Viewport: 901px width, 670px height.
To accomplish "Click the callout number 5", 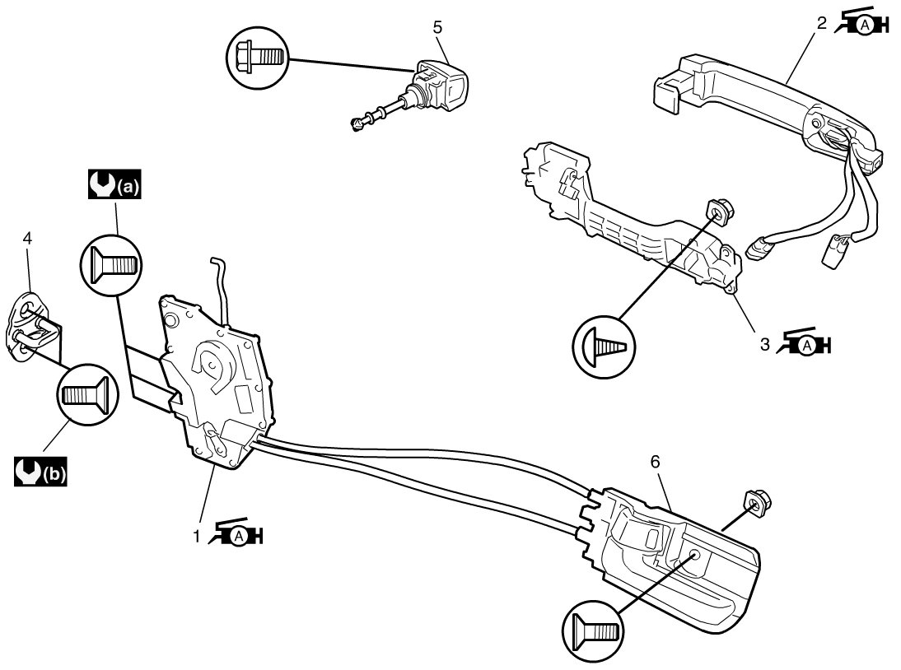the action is click(x=438, y=27).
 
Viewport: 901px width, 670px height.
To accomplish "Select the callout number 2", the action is click(x=822, y=23).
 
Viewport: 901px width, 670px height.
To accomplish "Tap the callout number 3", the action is click(x=765, y=344).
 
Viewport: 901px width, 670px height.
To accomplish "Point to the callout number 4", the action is click(x=27, y=238).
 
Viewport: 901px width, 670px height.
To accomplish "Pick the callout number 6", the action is click(x=655, y=461).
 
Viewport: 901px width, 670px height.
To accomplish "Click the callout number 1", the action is click(x=197, y=536).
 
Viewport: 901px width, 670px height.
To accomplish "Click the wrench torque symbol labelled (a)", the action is click(x=114, y=184).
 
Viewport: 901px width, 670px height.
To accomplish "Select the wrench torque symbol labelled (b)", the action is click(x=41, y=472).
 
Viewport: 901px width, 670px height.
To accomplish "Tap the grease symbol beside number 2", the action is click(x=861, y=22).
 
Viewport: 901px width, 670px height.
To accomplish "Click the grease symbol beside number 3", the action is click(x=804, y=342).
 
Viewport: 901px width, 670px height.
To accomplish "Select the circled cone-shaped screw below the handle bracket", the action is click(x=604, y=347).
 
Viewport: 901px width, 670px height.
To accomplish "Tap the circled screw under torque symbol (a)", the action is click(x=110, y=265).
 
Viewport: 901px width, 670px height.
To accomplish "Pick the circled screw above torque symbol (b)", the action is click(x=87, y=394).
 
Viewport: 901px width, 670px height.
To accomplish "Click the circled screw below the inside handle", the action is click(x=593, y=631).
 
